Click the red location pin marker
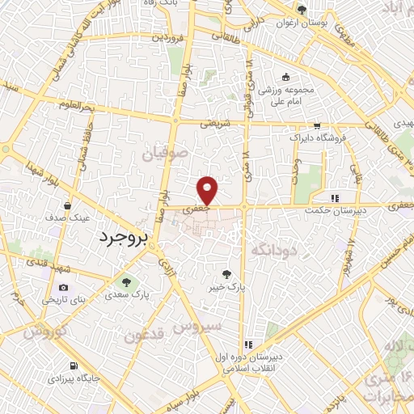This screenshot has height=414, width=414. (x=209, y=190)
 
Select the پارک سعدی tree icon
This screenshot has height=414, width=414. (x=125, y=282)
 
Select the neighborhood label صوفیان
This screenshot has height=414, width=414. (x=167, y=151)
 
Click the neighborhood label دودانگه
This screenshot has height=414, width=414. (x=276, y=250)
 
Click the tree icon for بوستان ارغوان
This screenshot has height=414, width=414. (x=302, y=11)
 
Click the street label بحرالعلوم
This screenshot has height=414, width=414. (x=77, y=106)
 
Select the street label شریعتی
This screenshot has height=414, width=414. (x=215, y=123)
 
